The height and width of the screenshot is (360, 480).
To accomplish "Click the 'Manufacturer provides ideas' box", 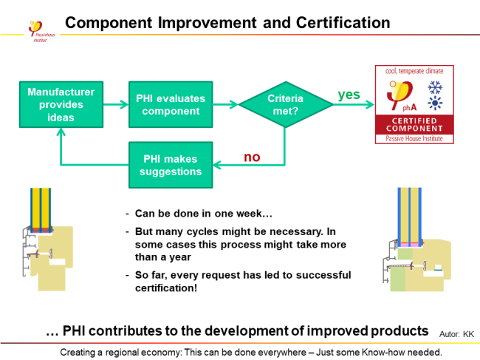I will [x=61, y=104].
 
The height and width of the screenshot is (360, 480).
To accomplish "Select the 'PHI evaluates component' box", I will [x=171, y=104].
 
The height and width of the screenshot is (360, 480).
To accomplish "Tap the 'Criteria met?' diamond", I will [x=284, y=104].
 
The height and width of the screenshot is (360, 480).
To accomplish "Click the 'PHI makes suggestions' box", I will [x=171, y=166].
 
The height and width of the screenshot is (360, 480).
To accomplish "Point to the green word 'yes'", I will [x=349, y=95].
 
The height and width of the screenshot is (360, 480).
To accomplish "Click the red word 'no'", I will [x=252, y=157].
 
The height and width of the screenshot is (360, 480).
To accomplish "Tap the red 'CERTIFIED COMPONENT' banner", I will [x=414, y=125].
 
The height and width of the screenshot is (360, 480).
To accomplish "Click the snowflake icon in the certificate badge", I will [x=436, y=88].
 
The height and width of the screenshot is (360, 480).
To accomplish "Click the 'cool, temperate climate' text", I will [x=414, y=71].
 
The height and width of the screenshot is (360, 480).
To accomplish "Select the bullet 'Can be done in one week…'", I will [x=204, y=214].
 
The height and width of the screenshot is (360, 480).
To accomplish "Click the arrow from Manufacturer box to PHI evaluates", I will [x=116, y=104].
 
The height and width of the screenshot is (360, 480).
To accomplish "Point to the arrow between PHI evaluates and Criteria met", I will [x=225, y=104].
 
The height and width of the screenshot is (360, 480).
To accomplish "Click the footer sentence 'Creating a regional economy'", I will [x=251, y=351].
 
